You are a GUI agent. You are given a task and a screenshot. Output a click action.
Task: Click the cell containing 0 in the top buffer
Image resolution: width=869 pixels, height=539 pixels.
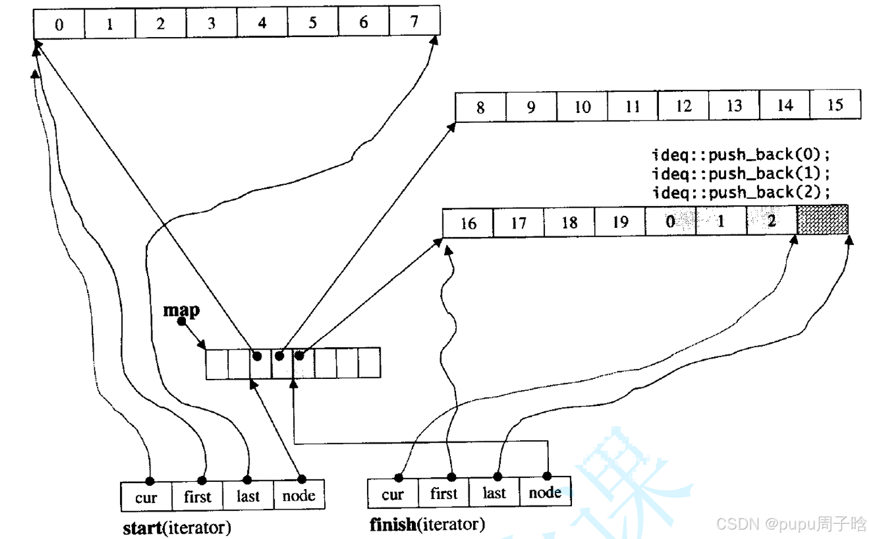click(59, 24)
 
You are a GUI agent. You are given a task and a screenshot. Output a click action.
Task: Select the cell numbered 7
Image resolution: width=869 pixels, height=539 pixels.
click(414, 22)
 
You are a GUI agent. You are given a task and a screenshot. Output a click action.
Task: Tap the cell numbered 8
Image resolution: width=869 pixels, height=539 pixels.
click(480, 107)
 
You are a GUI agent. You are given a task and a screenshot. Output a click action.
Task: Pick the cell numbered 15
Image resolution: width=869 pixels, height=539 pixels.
click(835, 105)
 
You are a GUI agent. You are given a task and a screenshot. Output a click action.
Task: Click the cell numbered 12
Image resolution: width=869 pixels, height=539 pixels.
click(683, 106)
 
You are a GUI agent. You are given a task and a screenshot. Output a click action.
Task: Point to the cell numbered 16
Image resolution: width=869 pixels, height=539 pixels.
click(468, 223)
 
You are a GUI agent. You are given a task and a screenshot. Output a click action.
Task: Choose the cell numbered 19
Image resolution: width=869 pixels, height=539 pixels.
click(620, 222)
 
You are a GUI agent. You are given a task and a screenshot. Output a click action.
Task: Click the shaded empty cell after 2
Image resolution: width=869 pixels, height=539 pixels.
click(823, 220)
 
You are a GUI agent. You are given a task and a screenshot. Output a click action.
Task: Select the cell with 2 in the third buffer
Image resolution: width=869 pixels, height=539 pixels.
click(771, 221)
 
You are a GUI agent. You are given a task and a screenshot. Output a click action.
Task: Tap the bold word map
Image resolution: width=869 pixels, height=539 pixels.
click(181, 310)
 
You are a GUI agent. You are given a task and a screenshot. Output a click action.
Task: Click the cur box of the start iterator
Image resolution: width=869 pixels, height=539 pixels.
click(146, 497)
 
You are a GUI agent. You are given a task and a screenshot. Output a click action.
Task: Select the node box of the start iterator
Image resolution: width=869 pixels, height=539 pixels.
click(299, 495)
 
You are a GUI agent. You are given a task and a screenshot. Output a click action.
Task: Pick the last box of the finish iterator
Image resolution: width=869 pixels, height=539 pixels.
click(494, 493)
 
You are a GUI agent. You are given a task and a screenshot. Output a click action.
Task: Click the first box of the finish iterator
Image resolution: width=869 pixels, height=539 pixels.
click(444, 493)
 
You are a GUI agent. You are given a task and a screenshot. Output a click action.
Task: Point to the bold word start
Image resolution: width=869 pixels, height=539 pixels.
click(142, 527)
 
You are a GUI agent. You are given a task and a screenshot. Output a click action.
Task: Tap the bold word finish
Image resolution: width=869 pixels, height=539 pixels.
click(393, 524)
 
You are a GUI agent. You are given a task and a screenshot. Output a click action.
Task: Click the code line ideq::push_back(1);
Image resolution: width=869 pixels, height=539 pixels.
click(741, 174)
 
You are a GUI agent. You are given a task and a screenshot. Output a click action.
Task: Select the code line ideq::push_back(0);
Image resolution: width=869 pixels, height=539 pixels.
click(741, 155)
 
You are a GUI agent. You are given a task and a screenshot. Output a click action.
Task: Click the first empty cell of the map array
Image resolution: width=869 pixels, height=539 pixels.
click(217, 363)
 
